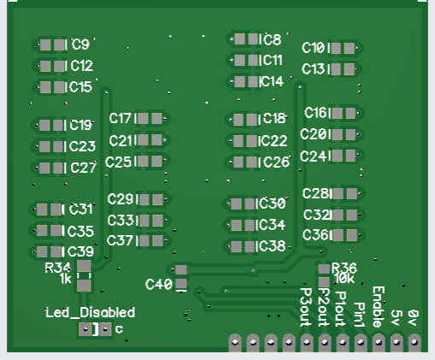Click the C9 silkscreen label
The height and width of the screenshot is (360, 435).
coord(80,44)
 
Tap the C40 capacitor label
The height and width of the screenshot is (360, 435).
coord(159,284)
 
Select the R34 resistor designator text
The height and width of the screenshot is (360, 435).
coord(58,268)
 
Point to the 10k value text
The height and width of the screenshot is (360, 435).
coord(344,279)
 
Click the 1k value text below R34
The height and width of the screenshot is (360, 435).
coord(66,279)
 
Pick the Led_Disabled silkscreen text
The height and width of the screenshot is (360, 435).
coord(90,313)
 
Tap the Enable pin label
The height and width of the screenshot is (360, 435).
coord(379,307)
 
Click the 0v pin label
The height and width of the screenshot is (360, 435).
coord(414,317)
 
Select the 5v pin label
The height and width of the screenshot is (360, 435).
coord(396,317)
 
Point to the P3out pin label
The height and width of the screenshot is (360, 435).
coord(306,307)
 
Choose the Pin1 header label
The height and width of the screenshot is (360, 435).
coord(360,315)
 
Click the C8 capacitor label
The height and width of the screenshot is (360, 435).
coord(273,39)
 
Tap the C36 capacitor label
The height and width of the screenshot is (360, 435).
coord(315,235)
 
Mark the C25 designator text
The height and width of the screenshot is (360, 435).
coord(118,162)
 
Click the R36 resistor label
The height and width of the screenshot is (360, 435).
coord(344,268)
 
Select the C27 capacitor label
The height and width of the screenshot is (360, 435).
coord(83,168)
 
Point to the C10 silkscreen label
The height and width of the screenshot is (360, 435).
coord(313,48)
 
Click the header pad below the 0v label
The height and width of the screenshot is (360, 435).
coord(414,342)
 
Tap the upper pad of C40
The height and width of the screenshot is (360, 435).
coord(181,269)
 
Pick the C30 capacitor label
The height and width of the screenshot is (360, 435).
coord(272,204)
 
